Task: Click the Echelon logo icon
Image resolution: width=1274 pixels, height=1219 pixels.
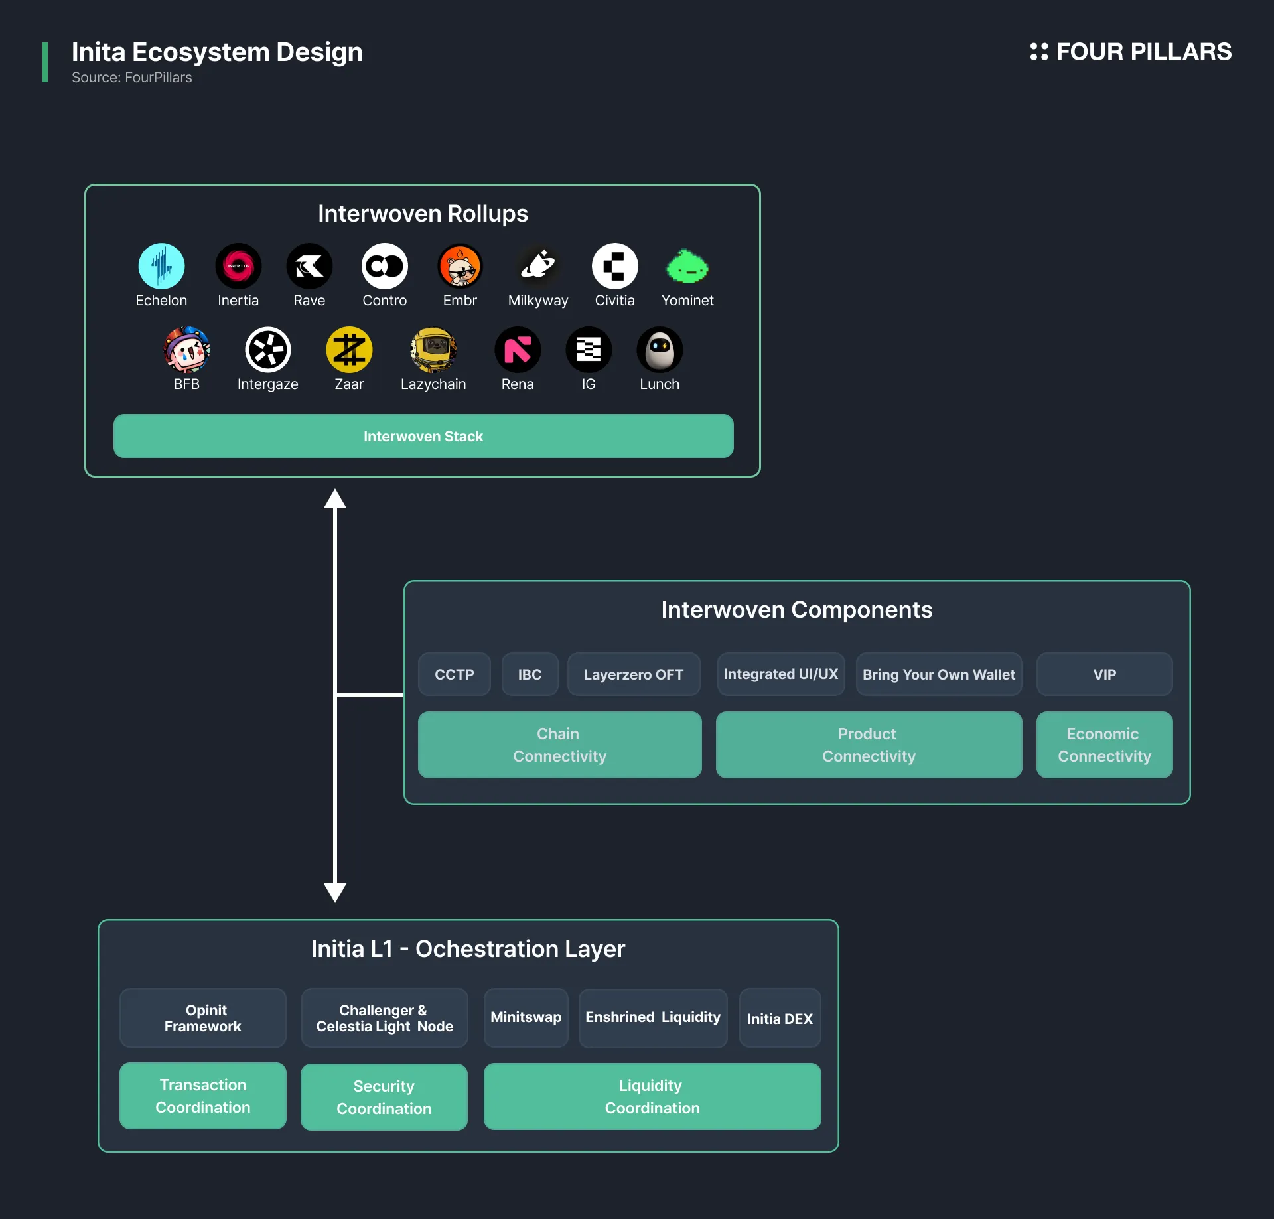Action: (x=161, y=266)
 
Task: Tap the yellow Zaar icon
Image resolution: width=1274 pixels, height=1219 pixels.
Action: (x=349, y=350)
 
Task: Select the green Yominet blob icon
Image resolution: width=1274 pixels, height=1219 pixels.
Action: (x=687, y=266)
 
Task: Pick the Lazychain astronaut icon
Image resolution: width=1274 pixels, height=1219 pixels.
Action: (x=433, y=350)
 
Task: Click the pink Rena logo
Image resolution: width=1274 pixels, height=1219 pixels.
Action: (x=518, y=350)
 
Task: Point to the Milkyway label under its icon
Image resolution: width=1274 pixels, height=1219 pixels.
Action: (x=538, y=301)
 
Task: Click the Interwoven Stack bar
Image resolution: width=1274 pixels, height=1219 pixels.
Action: (x=423, y=436)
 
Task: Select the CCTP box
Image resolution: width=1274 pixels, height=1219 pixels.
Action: (x=455, y=674)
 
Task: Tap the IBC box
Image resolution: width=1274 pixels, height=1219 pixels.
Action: (x=530, y=674)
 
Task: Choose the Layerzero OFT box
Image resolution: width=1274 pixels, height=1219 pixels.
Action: (x=634, y=674)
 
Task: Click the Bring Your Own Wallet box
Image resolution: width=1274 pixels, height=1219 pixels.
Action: (x=939, y=674)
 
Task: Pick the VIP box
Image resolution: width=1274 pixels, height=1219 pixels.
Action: (x=1105, y=674)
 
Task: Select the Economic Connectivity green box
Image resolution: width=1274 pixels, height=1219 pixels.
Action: (x=1105, y=745)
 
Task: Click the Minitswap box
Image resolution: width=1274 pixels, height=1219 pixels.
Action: (x=526, y=1018)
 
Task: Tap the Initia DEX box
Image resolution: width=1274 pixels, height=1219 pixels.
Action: (x=780, y=1018)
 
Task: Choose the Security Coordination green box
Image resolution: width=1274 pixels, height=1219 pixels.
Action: (x=384, y=1097)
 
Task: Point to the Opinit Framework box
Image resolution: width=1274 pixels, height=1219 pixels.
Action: (x=203, y=1018)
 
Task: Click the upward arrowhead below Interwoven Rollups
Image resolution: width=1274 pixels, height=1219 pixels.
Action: (x=335, y=498)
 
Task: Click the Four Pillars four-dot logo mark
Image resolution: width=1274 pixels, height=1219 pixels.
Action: (x=1039, y=52)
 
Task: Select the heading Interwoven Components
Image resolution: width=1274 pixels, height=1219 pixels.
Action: (x=797, y=610)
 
